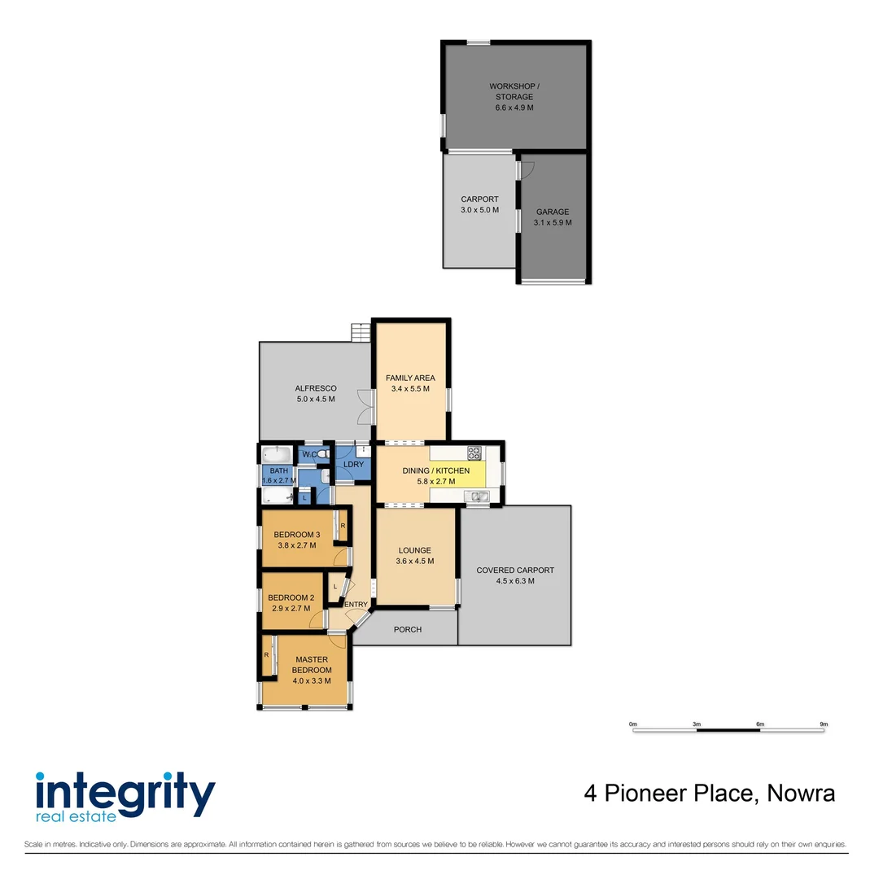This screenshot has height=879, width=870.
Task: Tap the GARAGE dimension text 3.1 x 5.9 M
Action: click(553, 223)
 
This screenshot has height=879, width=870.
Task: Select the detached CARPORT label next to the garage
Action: click(479, 199)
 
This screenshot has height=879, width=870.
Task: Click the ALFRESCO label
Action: click(315, 388)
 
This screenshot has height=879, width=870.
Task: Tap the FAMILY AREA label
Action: click(410, 378)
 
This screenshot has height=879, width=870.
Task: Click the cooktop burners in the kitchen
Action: click(474, 453)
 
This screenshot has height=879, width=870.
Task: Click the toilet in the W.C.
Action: click(323, 454)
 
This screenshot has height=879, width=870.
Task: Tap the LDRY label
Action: click(353, 465)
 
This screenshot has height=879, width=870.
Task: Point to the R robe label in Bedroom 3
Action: click(343, 526)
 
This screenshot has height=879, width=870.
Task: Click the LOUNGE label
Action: click(415, 551)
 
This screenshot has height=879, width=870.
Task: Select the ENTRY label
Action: click(356, 604)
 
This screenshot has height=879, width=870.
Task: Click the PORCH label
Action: click(407, 629)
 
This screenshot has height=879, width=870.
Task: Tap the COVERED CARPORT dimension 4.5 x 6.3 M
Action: click(515, 581)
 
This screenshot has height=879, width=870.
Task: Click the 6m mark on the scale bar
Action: click(760, 724)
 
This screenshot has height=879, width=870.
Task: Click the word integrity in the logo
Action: click(125, 790)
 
